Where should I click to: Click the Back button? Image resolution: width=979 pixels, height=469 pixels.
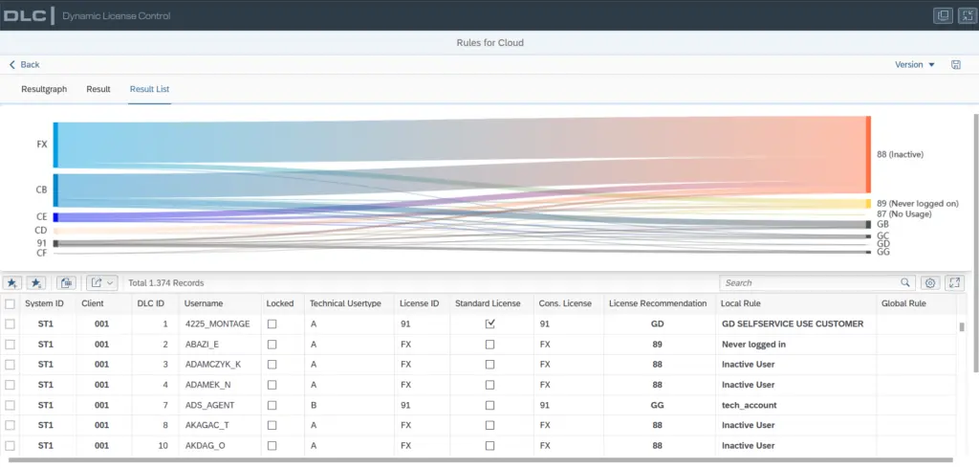tap(24, 64)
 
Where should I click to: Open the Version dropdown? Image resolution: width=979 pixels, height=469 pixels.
tap(915, 64)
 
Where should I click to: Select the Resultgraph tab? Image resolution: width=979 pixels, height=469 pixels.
tap(44, 89)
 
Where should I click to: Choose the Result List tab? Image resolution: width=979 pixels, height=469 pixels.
tap(149, 89)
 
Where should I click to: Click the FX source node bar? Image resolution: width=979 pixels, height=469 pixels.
tap(55, 145)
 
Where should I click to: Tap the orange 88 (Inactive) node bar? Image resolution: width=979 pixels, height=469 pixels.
tap(868, 154)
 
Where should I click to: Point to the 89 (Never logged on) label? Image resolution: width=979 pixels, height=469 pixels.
tap(917, 203)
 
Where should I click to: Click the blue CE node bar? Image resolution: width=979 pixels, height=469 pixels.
tap(55, 217)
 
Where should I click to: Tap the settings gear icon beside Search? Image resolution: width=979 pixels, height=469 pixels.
tap(929, 282)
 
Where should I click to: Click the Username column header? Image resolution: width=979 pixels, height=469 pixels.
tap(204, 303)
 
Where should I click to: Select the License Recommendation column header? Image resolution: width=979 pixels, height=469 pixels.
tap(658, 303)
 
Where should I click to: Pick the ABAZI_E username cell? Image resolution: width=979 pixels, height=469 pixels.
tap(203, 344)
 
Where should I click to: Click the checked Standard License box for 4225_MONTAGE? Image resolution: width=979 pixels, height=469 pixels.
tap(490, 324)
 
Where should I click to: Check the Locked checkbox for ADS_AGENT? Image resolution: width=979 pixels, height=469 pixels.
tap(272, 405)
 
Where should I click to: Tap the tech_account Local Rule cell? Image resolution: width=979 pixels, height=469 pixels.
tap(750, 405)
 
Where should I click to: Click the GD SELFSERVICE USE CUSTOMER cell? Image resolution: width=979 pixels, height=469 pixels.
tap(793, 324)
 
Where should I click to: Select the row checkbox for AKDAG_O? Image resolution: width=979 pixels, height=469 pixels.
tap(10, 445)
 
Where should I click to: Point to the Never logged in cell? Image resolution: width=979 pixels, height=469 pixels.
tap(753, 344)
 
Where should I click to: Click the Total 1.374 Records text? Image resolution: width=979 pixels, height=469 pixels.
tap(166, 282)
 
